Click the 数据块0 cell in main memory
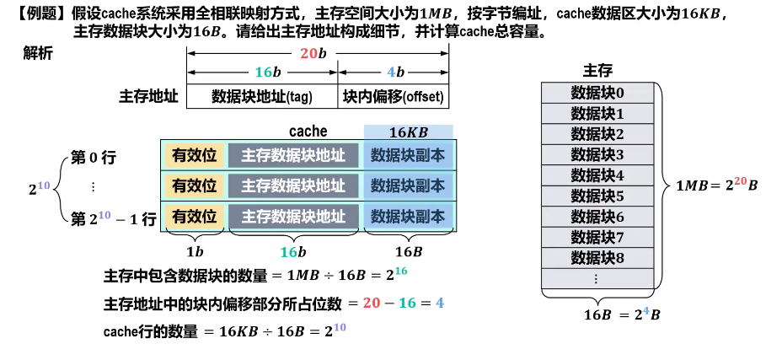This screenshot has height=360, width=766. pos(597,93)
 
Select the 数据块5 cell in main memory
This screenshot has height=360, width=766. pos(597,196)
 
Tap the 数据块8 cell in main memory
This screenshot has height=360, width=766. pos(597,258)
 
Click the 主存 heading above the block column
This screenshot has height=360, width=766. pos(597,70)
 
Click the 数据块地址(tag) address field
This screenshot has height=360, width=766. pos(262,96)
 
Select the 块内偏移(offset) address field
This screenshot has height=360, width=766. pos(394,96)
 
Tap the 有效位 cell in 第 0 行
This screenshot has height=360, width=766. pos(195,156)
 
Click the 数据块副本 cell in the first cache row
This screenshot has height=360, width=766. pos(408,156)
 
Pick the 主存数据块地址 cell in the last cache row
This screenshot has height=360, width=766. pos(293,216)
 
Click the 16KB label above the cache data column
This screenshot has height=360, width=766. pos(409,132)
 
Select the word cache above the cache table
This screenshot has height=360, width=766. pos(308,131)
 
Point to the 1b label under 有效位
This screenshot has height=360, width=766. pos(195,251)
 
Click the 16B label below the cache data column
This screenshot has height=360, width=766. pos(409,251)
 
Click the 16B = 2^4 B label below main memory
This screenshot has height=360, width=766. pos(622,315)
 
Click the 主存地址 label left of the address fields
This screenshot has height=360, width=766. pos(148,96)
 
